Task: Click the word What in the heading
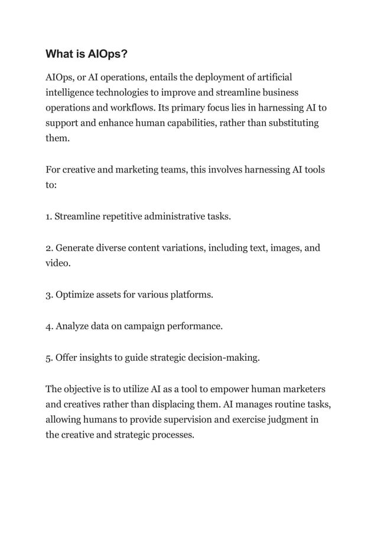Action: tap(60, 54)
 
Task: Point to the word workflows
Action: tap(129, 108)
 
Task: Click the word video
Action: tap(58, 263)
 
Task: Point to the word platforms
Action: tap(190, 294)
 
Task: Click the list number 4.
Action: tap(48, 325)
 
